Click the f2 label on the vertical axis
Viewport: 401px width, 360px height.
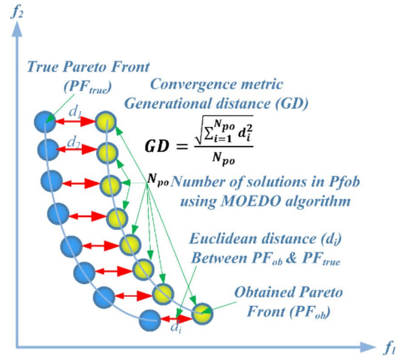[17, 13]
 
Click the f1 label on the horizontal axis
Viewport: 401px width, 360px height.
[390, 348]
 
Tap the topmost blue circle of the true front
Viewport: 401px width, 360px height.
[45, 122]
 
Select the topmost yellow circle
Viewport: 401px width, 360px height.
[106, 122]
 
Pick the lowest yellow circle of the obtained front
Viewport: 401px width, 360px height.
[202, 313]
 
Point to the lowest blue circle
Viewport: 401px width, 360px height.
[150, 320]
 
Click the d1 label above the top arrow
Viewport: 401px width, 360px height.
[75, 111]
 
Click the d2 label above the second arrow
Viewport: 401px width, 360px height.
[74, 142]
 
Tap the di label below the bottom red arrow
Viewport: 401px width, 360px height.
[176, 328]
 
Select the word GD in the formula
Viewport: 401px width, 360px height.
[157, 147]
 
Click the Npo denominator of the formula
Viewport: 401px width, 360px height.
[224, 159]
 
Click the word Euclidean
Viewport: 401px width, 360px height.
[223, 239]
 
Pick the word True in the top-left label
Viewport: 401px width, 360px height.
[43, 67]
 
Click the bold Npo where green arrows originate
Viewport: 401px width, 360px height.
[158, 179]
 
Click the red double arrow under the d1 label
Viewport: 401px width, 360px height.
[75, 122]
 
